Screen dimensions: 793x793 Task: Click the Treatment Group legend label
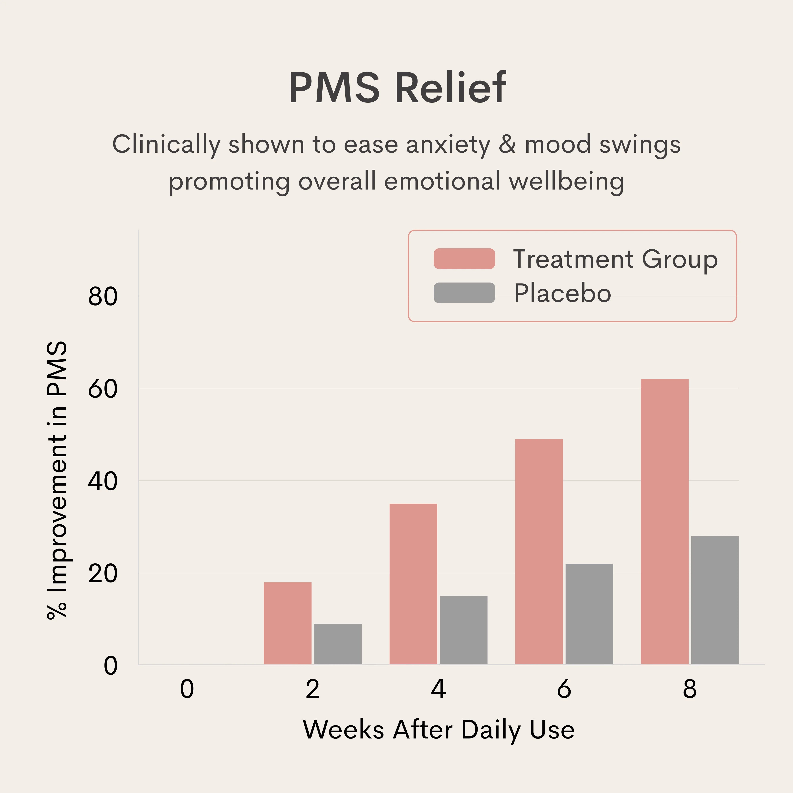(x=615, y=259)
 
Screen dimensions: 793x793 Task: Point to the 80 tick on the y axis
(x=103, y=296)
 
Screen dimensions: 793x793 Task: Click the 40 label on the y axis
(x=103, y=481)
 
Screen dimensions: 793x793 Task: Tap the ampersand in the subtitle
(x=507, y=145)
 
